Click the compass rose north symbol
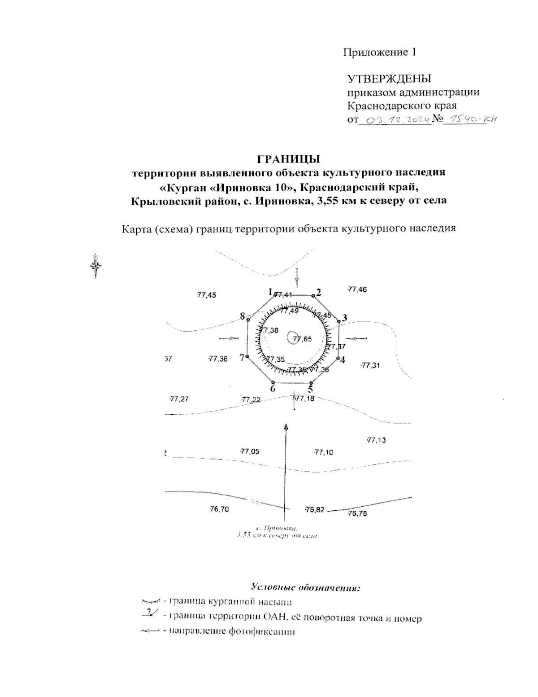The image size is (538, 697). click(96, 266)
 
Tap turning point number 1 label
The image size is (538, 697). click(270, 292)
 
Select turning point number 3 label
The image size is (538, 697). click(344, 318)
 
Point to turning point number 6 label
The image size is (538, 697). click(273, 389)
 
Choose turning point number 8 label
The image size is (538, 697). click(243, 316)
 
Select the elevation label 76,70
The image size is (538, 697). click(219, 509)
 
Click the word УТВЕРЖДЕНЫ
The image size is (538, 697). click(389, 79)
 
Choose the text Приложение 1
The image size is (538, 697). click(380, 53)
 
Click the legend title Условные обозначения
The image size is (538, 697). click(306, 587)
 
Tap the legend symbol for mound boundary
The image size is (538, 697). click(150, 601)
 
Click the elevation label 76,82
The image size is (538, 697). click(314, 510)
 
